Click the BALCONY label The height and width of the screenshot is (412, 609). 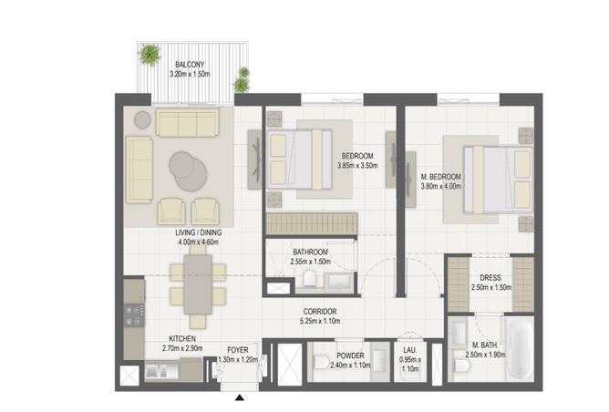[190, 65]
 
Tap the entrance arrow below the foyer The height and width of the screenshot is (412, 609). [240, 397]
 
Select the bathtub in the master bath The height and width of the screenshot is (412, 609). [520, 349]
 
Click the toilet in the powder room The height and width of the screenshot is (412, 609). [321, 361]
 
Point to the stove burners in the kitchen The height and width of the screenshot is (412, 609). [134, 315]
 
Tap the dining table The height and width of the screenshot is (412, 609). [198, 283]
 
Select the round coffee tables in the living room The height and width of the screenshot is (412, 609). [188, 170]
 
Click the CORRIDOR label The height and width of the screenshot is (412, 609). [320, 312]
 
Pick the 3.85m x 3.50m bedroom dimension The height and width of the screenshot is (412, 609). [357, 165]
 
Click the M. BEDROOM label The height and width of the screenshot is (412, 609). [441, 177]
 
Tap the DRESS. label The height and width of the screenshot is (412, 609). [490, 278]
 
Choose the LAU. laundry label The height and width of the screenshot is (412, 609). [410, 350]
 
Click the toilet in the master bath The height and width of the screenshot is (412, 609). [461, 366]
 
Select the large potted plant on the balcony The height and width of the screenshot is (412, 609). [150, 54]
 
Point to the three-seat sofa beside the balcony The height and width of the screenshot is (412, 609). [188, 123]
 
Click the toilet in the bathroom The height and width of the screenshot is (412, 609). [310, 278]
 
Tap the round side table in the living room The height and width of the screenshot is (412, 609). [142, 119]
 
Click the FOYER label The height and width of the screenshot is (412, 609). [238, 350]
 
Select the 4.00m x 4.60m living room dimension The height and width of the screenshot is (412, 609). [198, 242]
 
